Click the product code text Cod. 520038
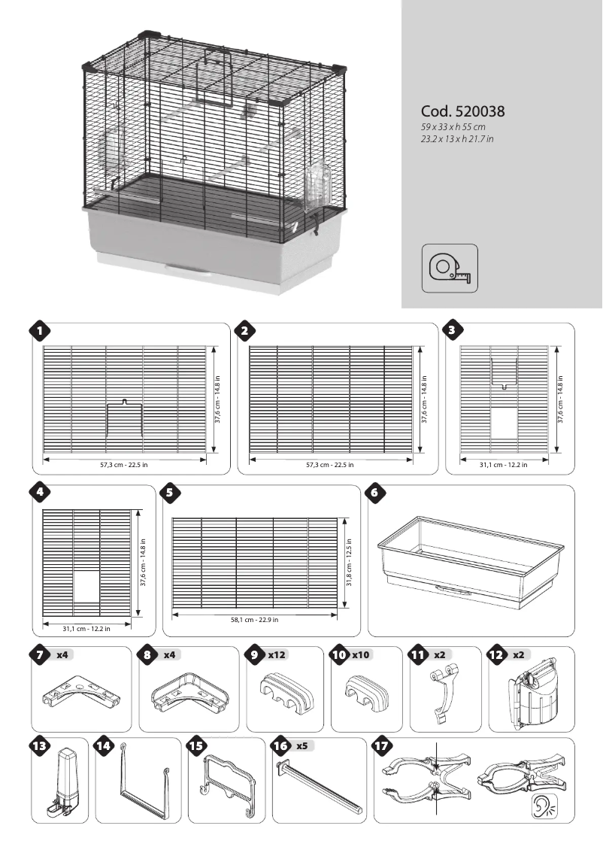(462, 111)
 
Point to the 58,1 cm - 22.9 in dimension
(254, 620)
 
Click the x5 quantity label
(301, 746)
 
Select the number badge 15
(196, 746)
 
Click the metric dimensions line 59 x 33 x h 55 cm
(453, 128)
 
